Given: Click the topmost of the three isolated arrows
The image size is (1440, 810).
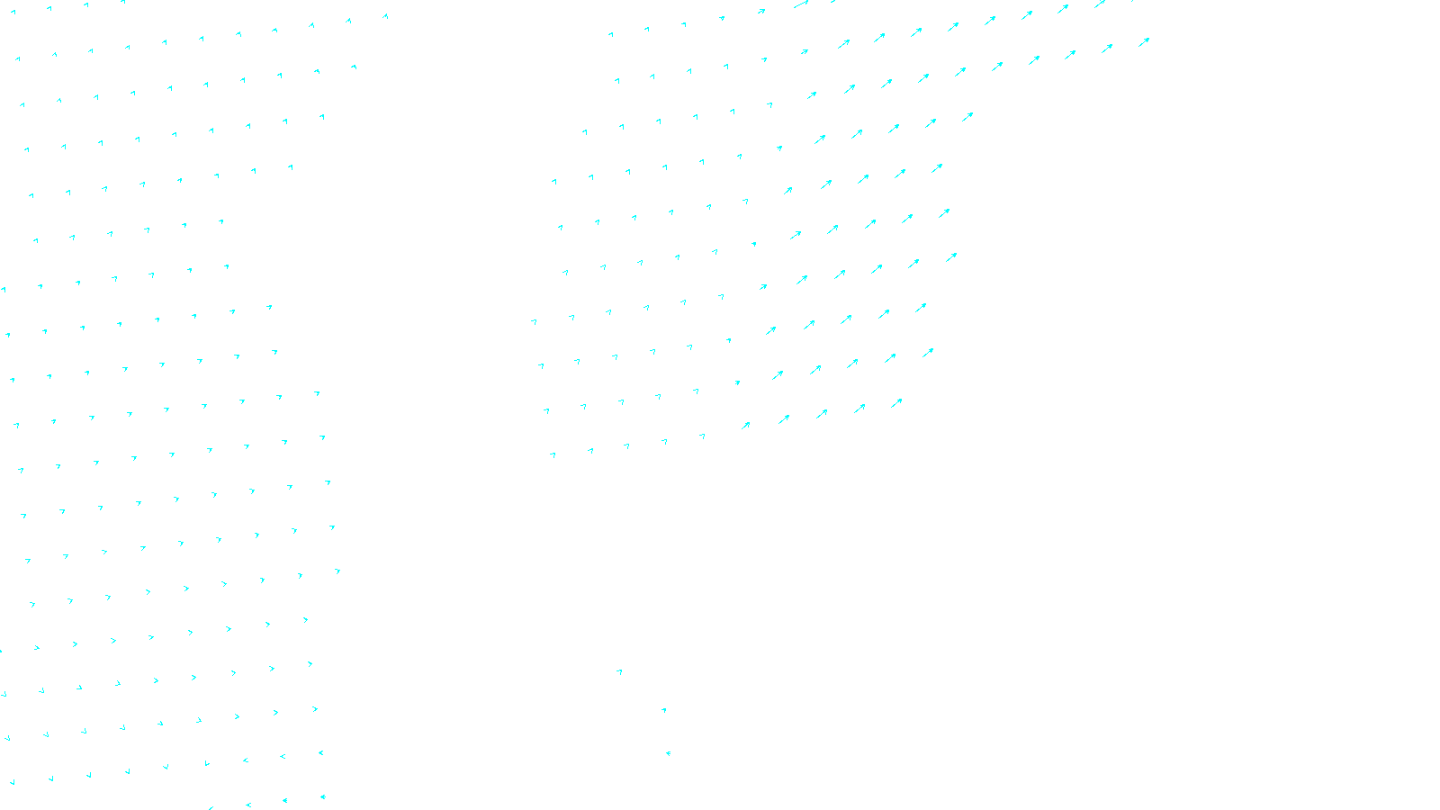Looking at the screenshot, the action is pos(619,671).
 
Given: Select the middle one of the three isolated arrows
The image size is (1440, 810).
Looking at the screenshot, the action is pos(664,710).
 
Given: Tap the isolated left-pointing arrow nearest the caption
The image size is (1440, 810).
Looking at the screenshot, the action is pos(668,753).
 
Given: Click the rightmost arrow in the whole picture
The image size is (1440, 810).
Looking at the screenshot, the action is pos(1144,41).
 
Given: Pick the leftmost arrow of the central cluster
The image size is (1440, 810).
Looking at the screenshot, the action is pos(534,321).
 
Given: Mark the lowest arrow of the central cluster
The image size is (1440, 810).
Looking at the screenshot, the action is pos(553,455).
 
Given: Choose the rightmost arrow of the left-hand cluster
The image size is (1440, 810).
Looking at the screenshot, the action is pos(385,15).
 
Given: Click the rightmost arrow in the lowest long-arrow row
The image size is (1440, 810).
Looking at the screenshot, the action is pos(896,403).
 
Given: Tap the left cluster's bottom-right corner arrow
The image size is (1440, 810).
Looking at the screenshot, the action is pos(322,796).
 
